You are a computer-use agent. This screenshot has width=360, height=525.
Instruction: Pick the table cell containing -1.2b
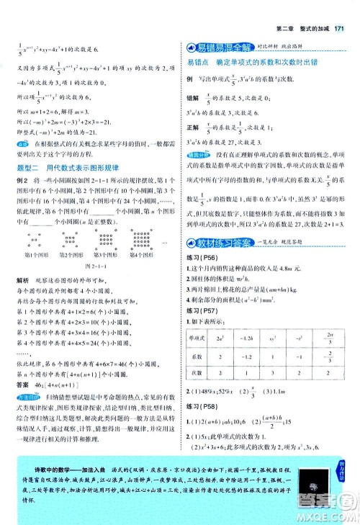[x=248, y=317]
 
